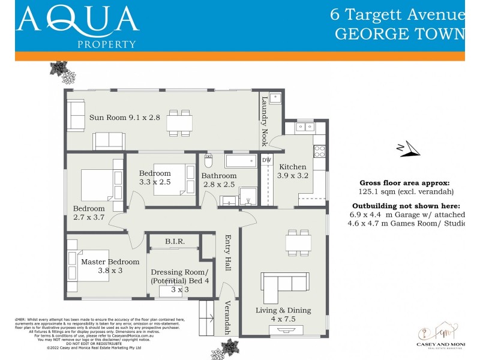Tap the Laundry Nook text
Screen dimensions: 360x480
[x=264, y=122]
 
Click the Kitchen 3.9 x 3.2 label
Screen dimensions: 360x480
[x=292, y=172]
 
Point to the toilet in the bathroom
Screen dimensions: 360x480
[x=209, y=161]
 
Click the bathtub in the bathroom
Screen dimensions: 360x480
[x=240, y=161]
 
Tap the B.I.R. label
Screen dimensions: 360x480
[x=175, y=241]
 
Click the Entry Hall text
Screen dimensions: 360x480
[x=227, y=253]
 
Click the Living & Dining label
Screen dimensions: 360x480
[x=283, y=314]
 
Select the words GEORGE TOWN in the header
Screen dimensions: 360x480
[x=399, y=33]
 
